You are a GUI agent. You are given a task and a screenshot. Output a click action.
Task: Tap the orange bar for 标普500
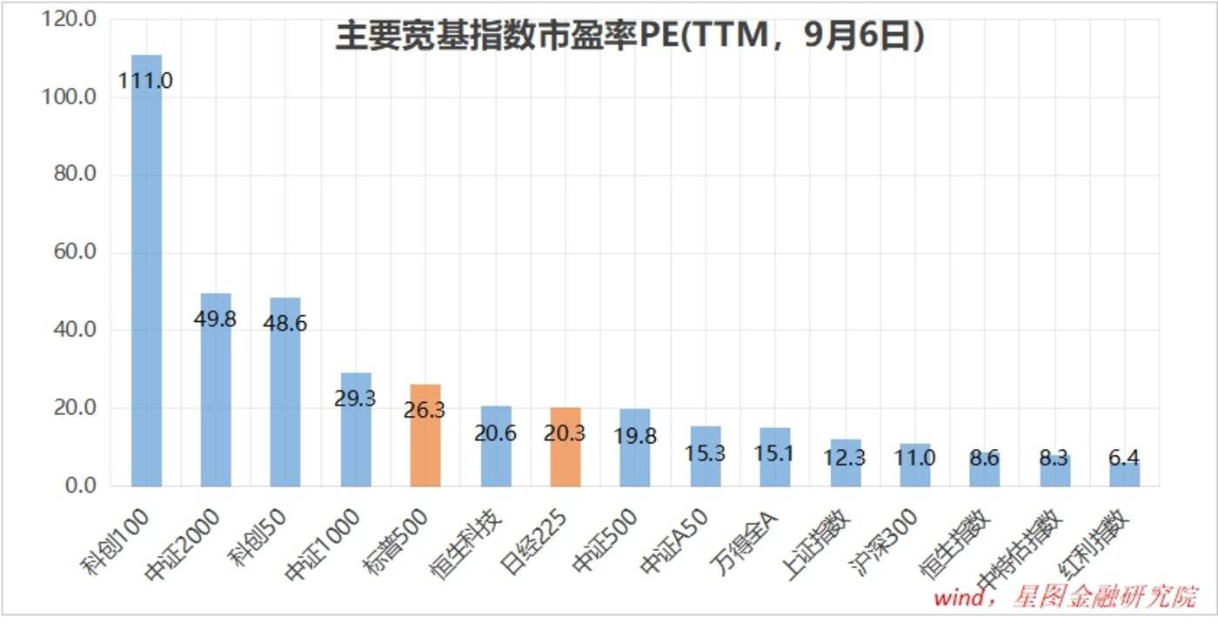425,435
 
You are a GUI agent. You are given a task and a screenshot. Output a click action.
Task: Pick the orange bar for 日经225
565,446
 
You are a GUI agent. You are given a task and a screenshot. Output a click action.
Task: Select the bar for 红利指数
1124,473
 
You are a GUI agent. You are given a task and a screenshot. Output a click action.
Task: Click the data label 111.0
146,81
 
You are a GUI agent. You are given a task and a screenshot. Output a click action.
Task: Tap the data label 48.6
285,323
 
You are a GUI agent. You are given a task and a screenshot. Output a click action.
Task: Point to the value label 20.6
496,432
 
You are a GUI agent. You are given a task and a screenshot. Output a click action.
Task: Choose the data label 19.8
636,436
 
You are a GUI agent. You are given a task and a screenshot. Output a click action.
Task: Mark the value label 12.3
846,458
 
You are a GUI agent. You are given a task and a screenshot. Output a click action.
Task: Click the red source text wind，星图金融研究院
1065,599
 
